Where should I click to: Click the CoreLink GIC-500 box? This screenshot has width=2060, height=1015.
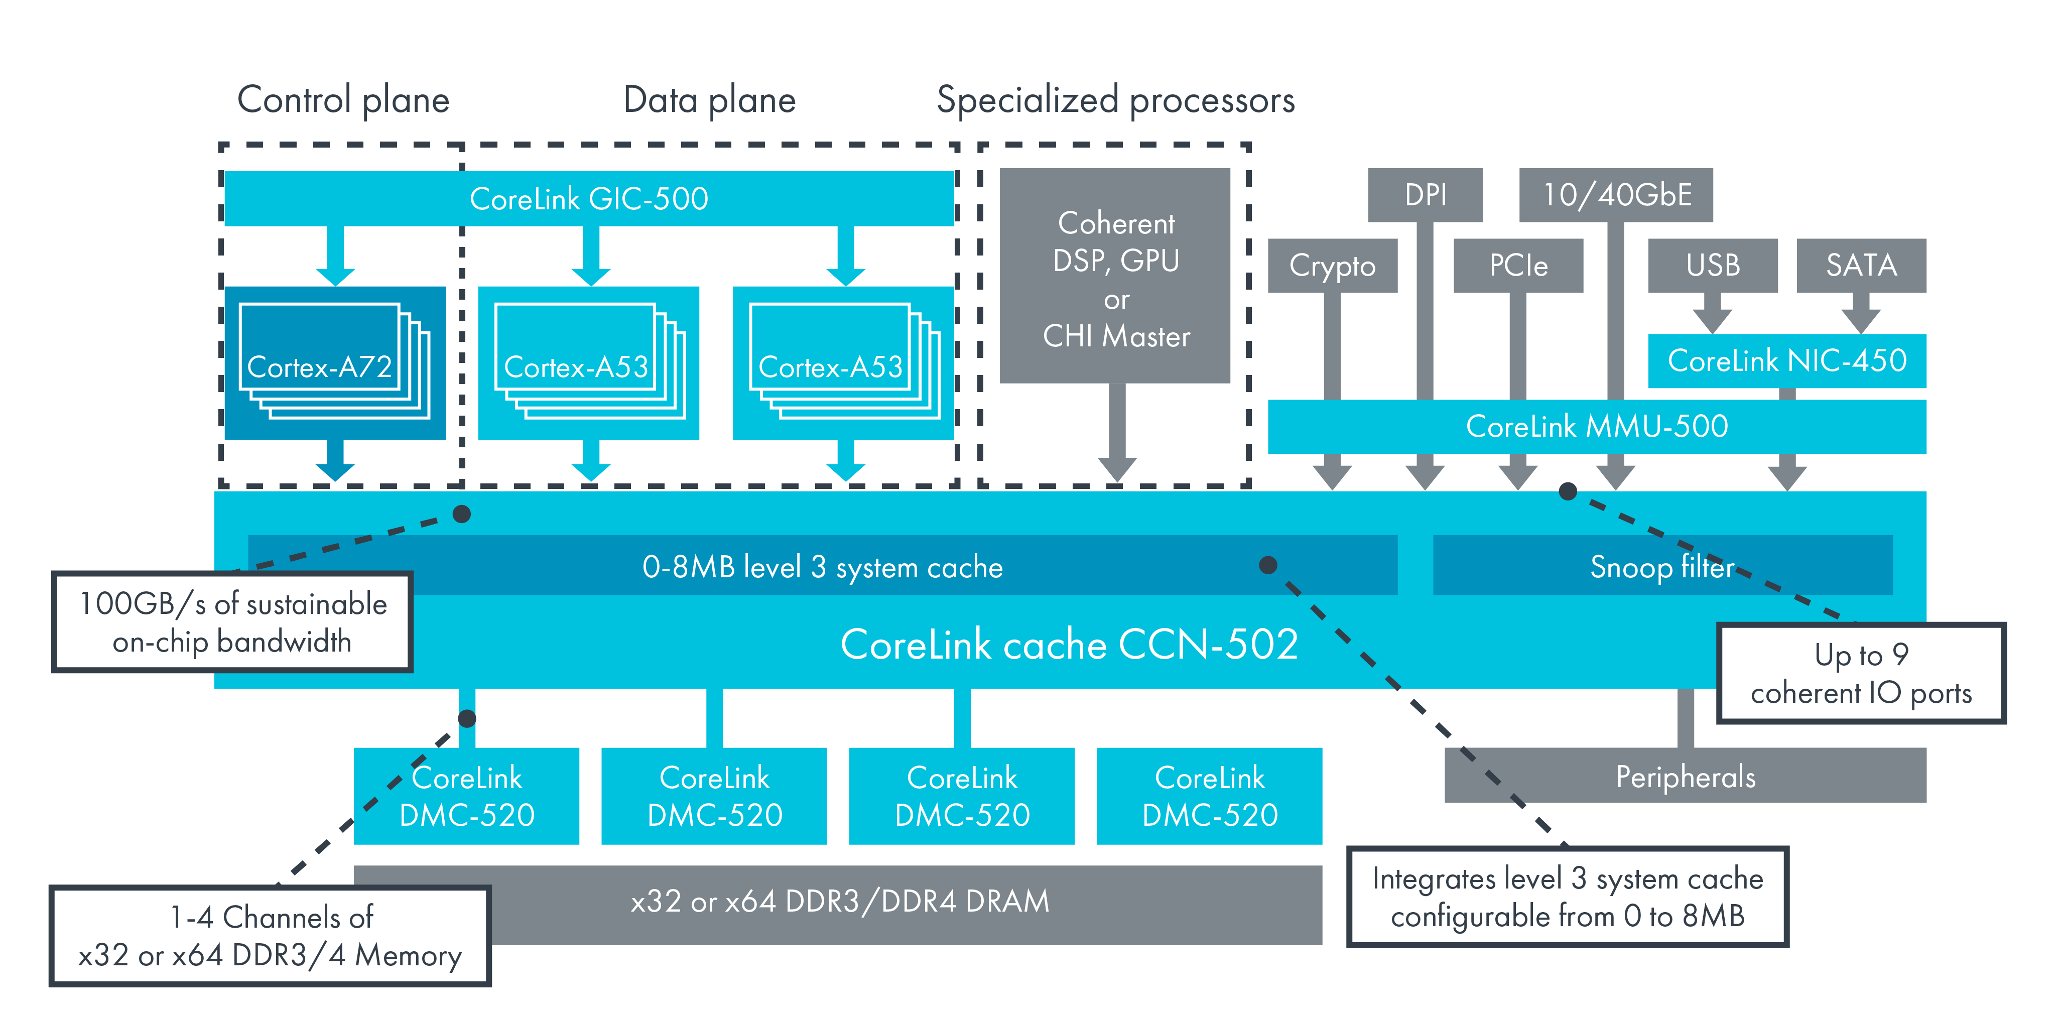click(x=589, y=198)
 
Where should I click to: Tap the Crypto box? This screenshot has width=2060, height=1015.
click(x=1332, y=266)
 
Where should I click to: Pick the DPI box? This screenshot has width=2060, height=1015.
click(x=1425, y=194)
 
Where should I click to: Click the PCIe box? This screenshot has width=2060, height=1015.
click(x=1518, y=266)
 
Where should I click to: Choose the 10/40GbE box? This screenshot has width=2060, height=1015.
click(x=1615, y=194)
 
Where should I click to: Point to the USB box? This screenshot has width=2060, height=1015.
click(x=1712, y=266)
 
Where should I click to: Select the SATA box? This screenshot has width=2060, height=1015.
click(x=1861, y=266)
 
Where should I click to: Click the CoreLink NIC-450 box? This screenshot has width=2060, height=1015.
click(x=1786, y=361)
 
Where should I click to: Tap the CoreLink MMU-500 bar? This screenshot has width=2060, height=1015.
click(x=1596, y=426)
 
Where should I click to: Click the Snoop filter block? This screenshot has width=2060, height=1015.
click(x=1662, y=566)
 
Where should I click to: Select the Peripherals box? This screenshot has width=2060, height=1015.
click(x=1685, y=776)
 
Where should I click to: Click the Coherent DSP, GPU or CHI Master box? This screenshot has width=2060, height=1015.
click(x=1115, y=276)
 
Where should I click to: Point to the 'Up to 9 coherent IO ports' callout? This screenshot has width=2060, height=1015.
click(x=1861, y=674)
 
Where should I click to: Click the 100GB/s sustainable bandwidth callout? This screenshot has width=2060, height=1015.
click(x=232, y=622)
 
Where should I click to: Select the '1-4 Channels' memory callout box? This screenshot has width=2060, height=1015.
click(x=270, y=936)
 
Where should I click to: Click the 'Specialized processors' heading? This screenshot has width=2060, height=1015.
click(x=1115, y=100)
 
